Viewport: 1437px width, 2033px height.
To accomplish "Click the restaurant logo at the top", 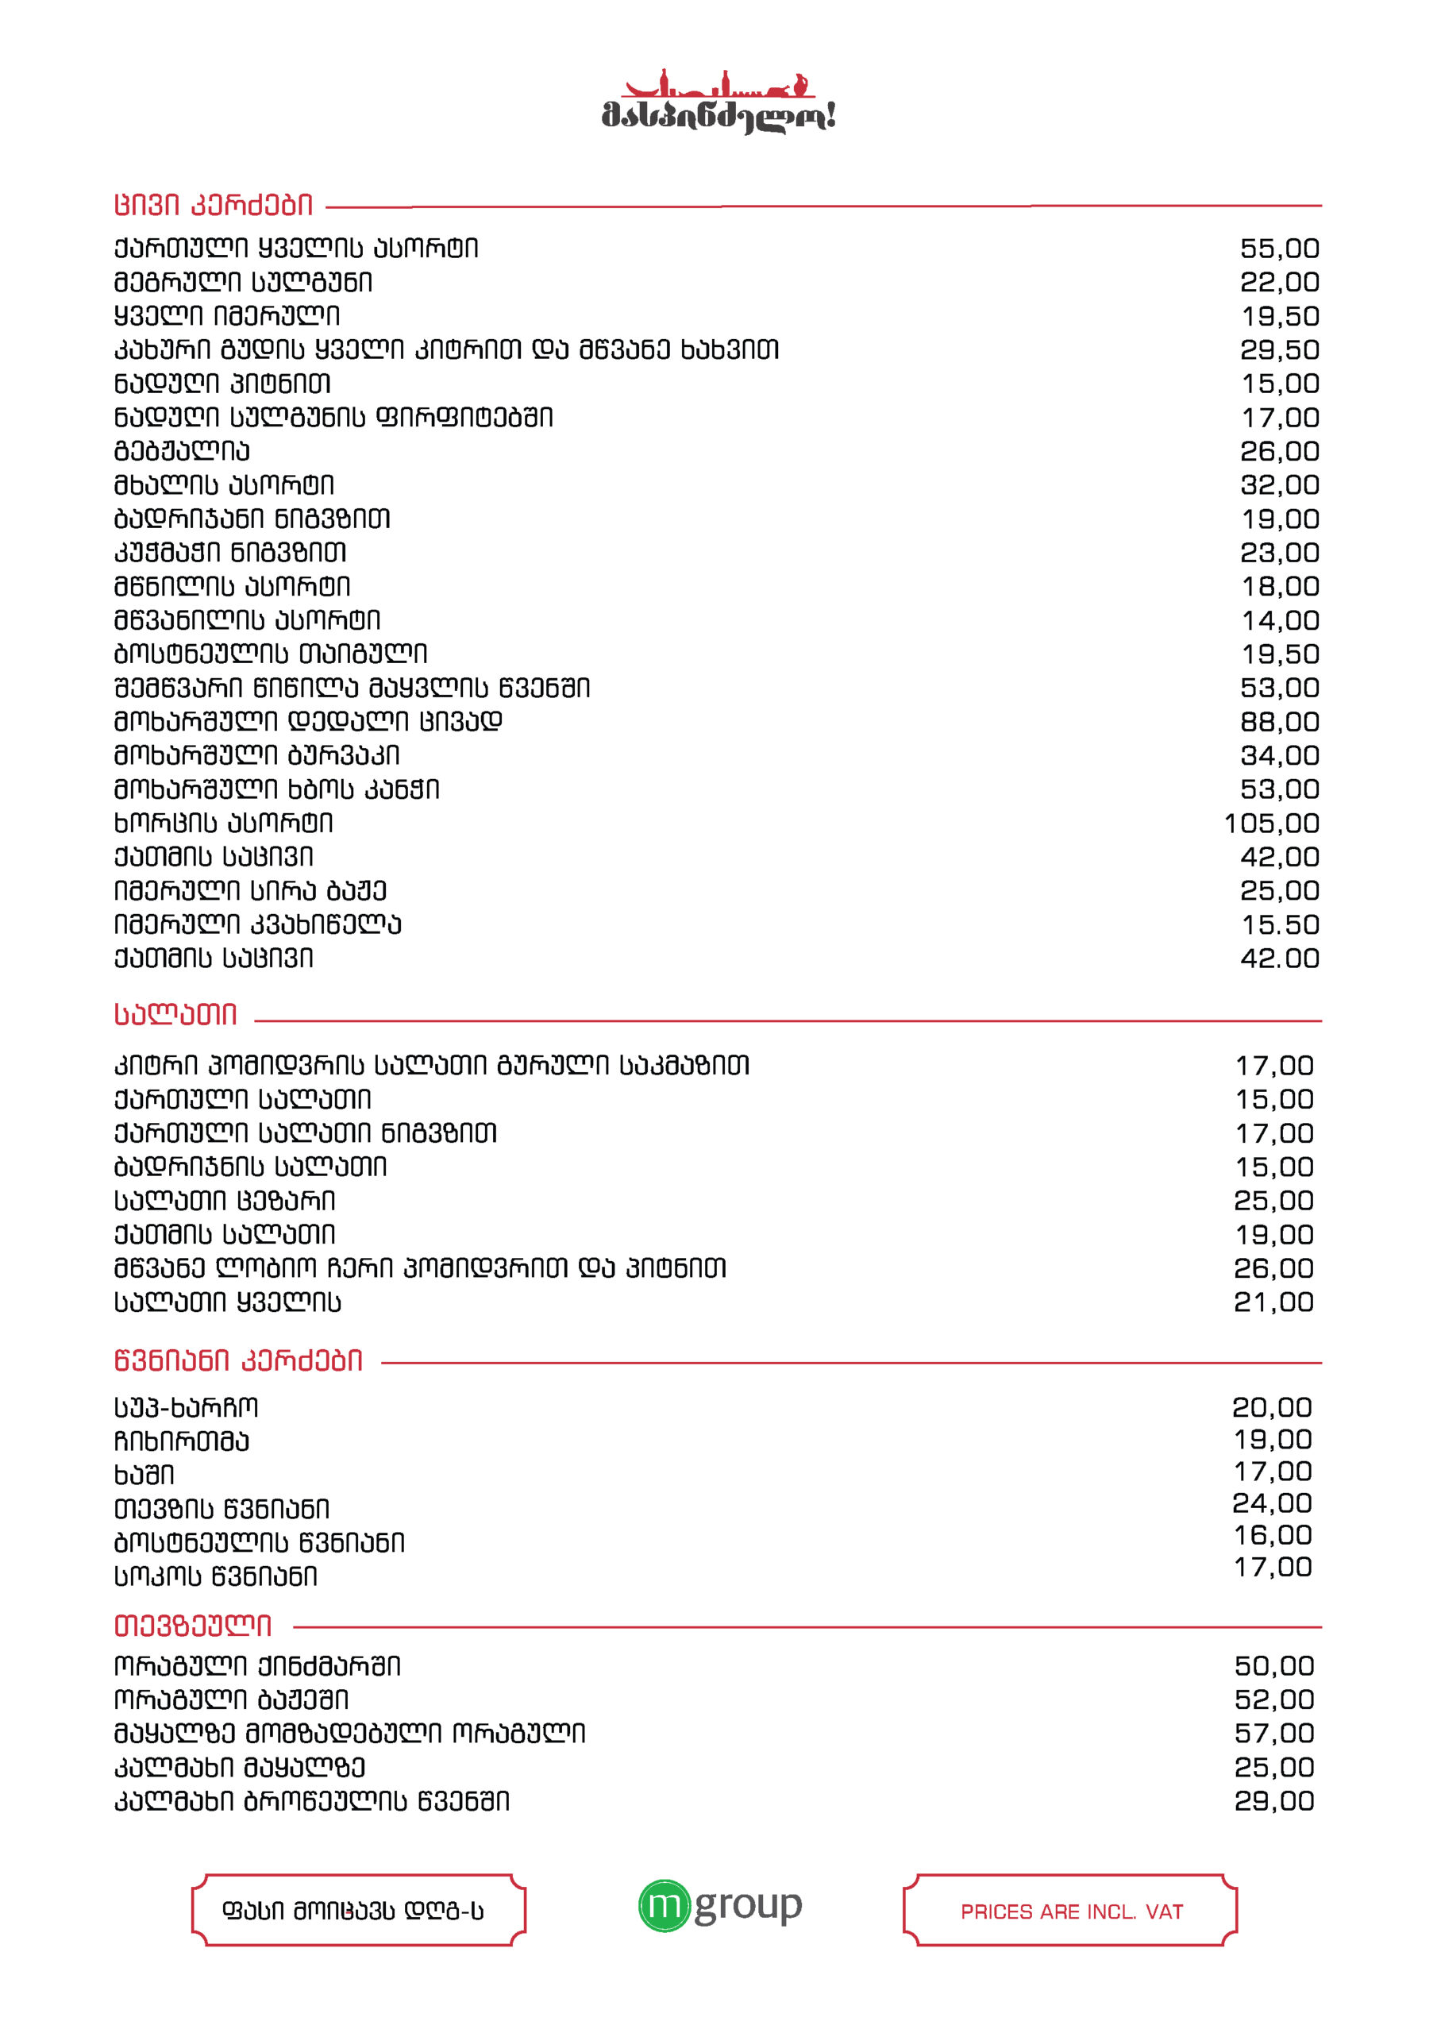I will pyautogui.click(x=718, y=102).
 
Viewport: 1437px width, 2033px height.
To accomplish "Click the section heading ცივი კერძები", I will pyautogui.click(x=214, y=206).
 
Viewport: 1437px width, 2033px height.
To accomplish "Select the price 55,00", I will pyautogui.click(x=1278, y=249).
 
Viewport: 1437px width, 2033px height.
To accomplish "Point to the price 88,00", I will pyautogui.click(x=1278, y=722).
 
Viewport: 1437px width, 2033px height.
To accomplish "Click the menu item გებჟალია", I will pyautogui.click(x=182, y=452).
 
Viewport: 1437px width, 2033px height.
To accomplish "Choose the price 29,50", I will pyautogui.click(x=1278, y=349).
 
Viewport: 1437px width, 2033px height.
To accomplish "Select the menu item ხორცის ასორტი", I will pyautogui.click(x=223, y=824).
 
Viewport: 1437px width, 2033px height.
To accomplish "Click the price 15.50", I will pyautogui.click(x=1279, y=924).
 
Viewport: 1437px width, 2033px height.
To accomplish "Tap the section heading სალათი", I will pyautogui.click(x=175, y=1015).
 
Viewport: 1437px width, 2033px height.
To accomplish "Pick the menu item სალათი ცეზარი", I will pyautogui.click(x=224, y=1201).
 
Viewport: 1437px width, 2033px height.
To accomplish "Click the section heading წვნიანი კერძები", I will pyautogui.click(x=238, y=1361).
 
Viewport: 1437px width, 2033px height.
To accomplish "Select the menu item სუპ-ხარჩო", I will pyautogui.click(x=186, y=1407).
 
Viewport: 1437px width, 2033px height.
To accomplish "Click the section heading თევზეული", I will pyautogui.click(x=192, y=1626).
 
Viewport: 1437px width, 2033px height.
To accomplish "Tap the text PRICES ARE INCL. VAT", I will pyautogui.click(x=1071, y=1911).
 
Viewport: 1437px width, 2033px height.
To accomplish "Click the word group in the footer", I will pyautogui.click(x=748, y=1907).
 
